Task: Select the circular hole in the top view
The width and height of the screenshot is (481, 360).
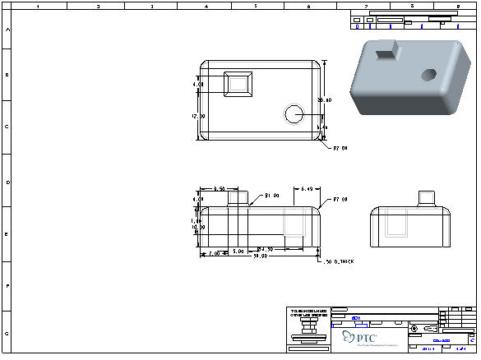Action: (294, 113)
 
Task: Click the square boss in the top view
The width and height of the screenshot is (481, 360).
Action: (238, 84)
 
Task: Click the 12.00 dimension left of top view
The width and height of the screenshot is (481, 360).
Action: (198, 116)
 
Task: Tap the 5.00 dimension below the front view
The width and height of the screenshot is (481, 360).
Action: (237, 250)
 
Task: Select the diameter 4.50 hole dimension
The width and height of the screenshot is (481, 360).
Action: (265, 249)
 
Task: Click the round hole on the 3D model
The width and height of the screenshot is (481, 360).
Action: (428, 75)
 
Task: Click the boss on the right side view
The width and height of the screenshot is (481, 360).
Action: (425, 198)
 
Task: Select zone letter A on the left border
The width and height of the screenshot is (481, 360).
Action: (8, 29)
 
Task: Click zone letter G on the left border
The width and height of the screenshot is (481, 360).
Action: (8, 334)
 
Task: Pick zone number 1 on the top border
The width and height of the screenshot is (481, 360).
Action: (37, 6)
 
